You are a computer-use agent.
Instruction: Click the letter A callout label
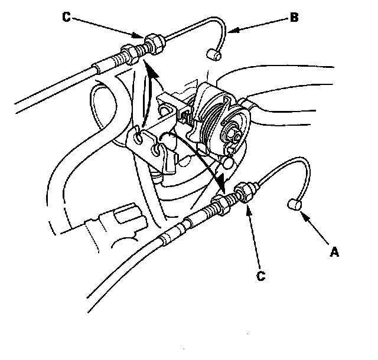tap(334, 252)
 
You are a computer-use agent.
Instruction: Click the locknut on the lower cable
tap(243, 192)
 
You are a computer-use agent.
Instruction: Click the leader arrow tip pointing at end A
tap(302, 213)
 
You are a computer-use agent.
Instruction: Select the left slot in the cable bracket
tap(139, 138)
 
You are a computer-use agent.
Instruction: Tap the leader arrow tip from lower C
tap(247, 202)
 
